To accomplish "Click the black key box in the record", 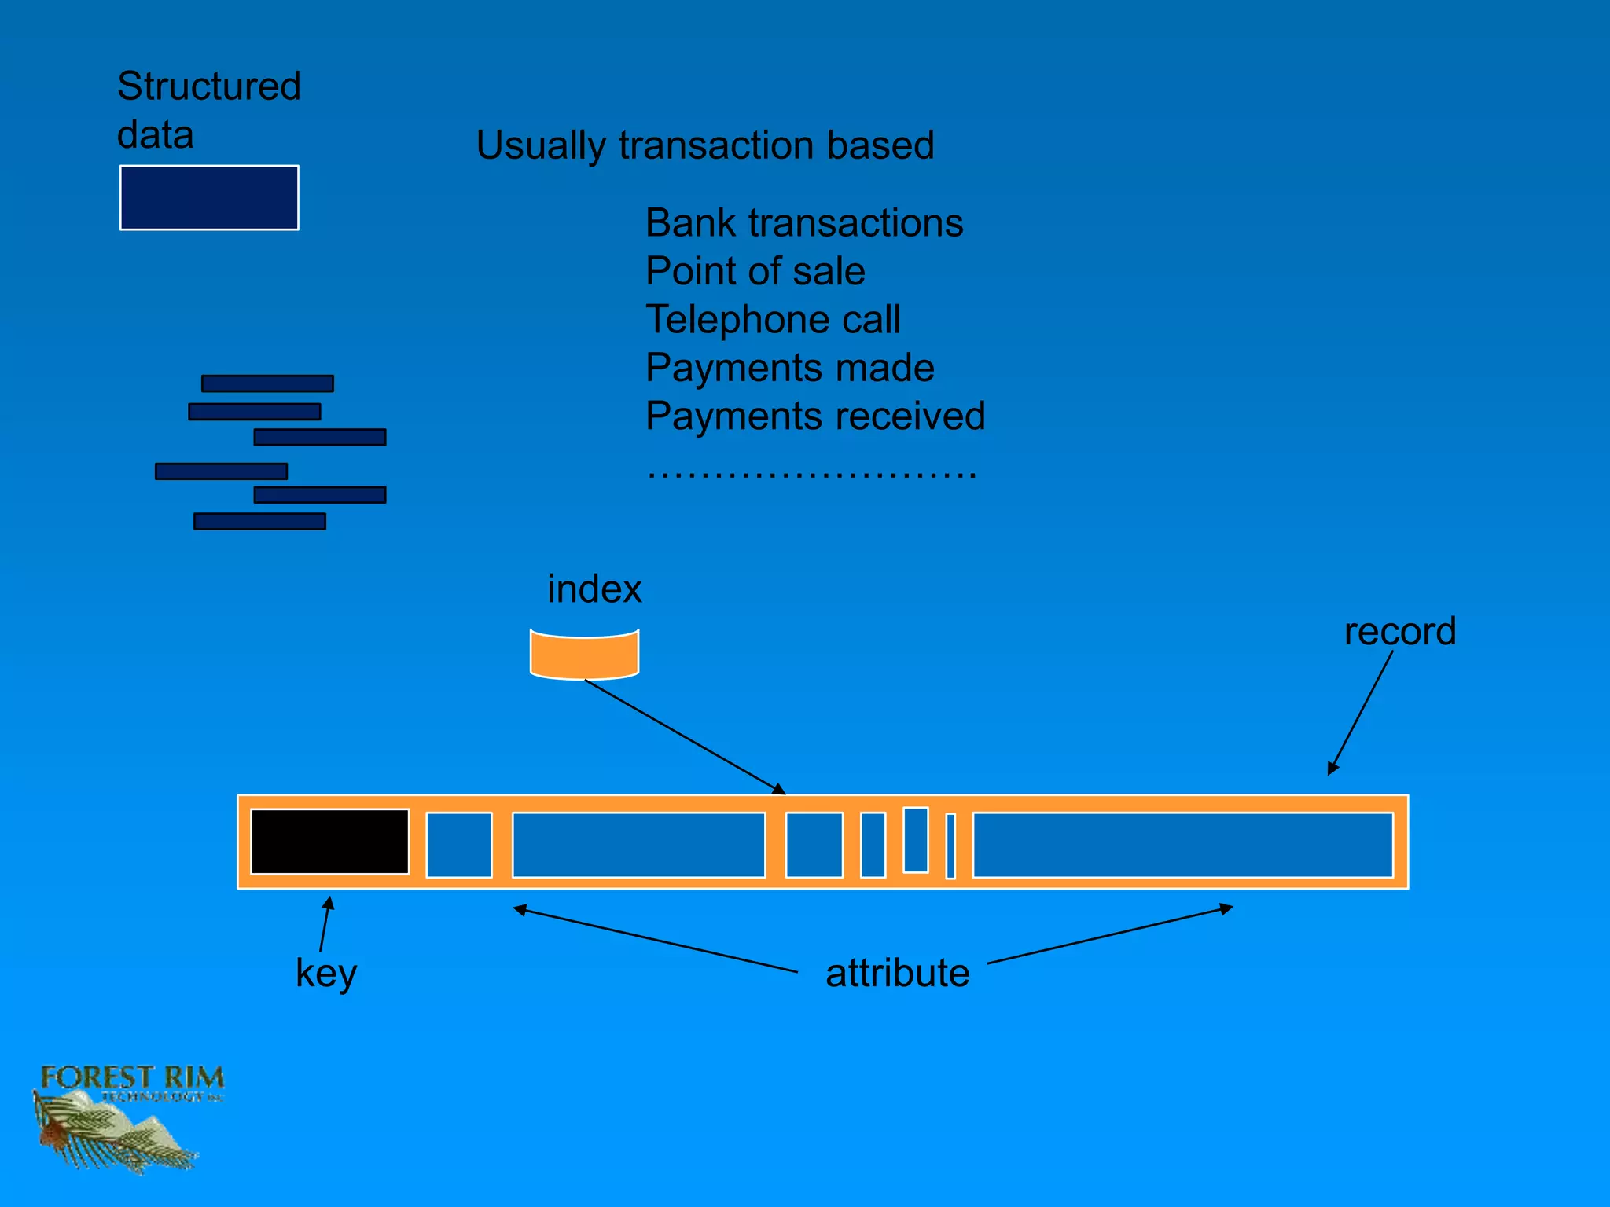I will pos(329,842).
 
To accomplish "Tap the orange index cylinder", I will pos(584,655).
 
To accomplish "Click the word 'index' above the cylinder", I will pos(594,589).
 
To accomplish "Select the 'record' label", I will pos(1399,632).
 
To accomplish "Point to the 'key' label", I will pos(325,974).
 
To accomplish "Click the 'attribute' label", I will pos(897,973).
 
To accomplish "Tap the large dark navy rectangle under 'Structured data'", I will pos(209,198).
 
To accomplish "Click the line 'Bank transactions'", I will pos(803,223).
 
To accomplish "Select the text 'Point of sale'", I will pos(755,271).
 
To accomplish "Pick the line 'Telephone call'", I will pos(773,320).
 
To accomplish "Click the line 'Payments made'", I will pos(789,368).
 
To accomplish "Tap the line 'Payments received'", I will pos(814,416).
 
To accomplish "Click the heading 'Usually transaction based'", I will pos(704,145).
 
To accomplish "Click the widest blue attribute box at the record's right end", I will pos(1182,845).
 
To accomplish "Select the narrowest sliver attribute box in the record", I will pos(950,846).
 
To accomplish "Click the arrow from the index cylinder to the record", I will pos(684,737).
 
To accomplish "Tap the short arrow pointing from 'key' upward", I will pos(325,924).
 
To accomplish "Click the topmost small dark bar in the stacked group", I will pos(267,383).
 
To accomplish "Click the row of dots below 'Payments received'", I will pos(811,474).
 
